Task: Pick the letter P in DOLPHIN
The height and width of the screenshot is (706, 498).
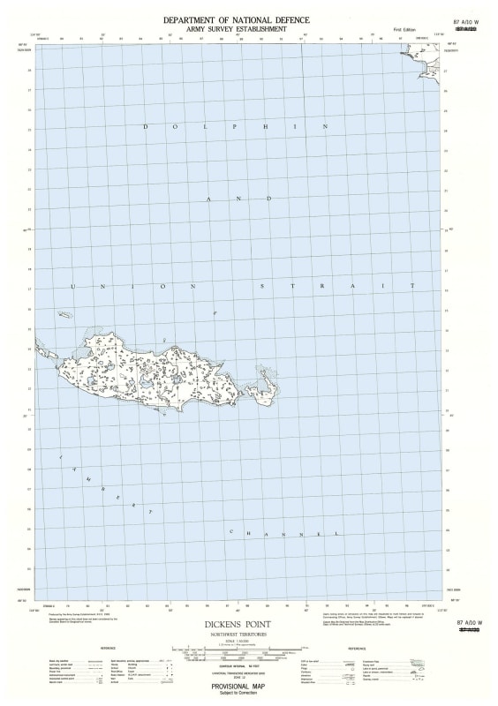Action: coord(234,126)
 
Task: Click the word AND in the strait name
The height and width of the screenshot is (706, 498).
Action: coord(239,199)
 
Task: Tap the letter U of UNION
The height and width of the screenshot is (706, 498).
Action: coord(72,287)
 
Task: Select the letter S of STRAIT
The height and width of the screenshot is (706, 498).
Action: coord(262,287)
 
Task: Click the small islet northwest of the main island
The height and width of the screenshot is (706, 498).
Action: coord(64,314)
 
